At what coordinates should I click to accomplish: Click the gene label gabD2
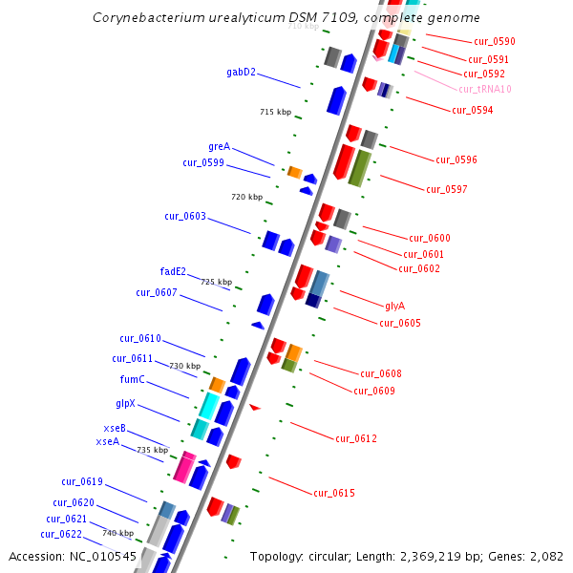pos(241,72)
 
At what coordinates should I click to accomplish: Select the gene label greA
pos(219,146)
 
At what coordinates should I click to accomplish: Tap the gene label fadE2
pos(173,271)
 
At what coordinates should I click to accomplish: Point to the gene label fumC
pos(132,379)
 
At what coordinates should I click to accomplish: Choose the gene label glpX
pos(132,404)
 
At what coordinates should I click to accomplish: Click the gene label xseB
pos(115,428)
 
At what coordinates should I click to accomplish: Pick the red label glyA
pos(395,306)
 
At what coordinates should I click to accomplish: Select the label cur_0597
pos(446,189)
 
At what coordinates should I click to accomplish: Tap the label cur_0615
pos(334,493)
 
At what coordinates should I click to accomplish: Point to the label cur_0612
pos(356,438)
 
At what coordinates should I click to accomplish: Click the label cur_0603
pos(185,216)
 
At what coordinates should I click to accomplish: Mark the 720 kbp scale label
pos(246,197)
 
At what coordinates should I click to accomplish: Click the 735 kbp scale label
pos(152,450)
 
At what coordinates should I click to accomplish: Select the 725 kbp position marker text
pos(216,282)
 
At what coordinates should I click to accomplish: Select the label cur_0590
pos(494,42)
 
